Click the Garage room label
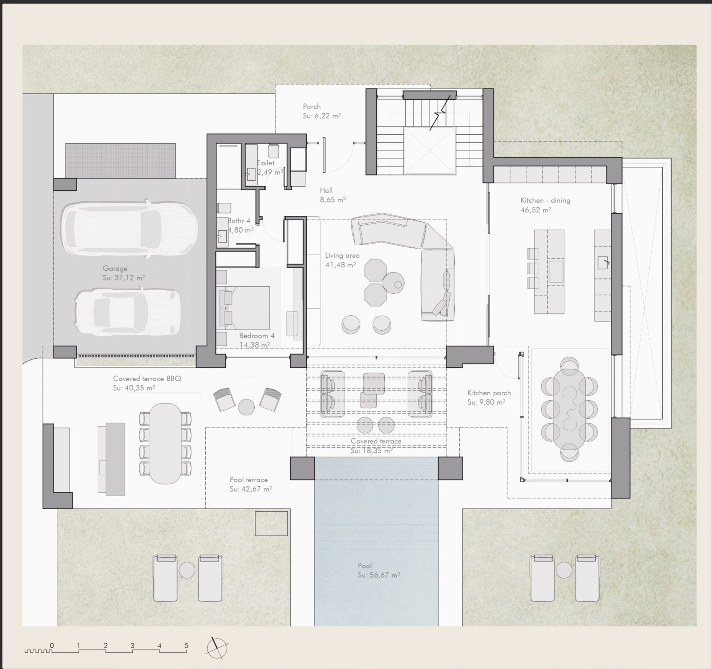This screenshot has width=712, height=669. click(x=115, y=268)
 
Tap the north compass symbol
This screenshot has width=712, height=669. click(x=217, y=648)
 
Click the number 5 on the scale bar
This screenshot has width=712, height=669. click(x=186, y=645)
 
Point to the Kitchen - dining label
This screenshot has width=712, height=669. click(x=545, y=200)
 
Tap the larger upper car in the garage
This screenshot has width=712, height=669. click(x=129, y=228)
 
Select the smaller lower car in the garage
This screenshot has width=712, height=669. click(x=128, y=312)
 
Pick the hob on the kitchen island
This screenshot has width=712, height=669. click(x=556, y=272)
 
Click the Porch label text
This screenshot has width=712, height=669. click(x=311, y=106)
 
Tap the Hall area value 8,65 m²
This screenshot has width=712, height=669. click(x=333, y=200)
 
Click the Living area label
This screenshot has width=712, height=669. click(x=342, y=256)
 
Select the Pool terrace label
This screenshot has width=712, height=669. click(x=248, y=479)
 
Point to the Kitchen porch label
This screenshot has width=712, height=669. click(x=489, y=393)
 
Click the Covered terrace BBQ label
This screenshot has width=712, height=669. click(x=147, y=379)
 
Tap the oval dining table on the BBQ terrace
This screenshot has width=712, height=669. click(x=165, y=444)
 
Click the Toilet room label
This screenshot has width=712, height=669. click(x=266, y=163)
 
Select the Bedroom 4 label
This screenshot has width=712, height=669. click(x=257, y=336)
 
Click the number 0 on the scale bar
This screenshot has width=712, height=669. click(x=52, y=645)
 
